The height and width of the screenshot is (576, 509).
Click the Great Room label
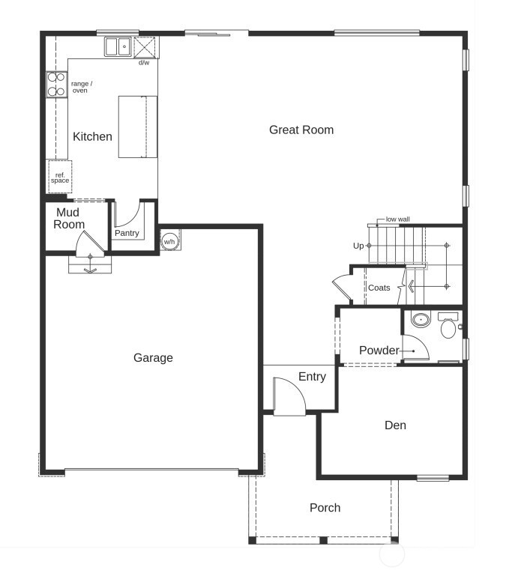[301, 130]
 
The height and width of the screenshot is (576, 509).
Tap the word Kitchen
[92, 137]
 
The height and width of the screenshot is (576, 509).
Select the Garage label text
[153, 358]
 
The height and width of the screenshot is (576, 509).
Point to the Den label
[395, 425]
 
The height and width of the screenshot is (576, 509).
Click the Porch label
[325, 508]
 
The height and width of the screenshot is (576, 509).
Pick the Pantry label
[127, 234]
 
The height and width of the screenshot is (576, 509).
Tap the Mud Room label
[68, 219]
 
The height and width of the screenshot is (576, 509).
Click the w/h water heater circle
[169, 241]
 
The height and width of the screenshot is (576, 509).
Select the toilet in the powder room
[449, 327]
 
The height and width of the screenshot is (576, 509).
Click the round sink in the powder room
[420, 321]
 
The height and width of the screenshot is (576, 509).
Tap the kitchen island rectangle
[138, 127]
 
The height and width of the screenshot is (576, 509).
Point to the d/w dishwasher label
[144, 62]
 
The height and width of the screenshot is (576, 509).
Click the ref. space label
[60, 178]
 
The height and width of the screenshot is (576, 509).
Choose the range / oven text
[82, 87]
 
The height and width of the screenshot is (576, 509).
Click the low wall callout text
[397, 219]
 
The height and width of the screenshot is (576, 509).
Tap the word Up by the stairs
[358, 246]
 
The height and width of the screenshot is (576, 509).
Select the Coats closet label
[379, 288]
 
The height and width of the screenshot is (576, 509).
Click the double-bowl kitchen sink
[117, 47]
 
